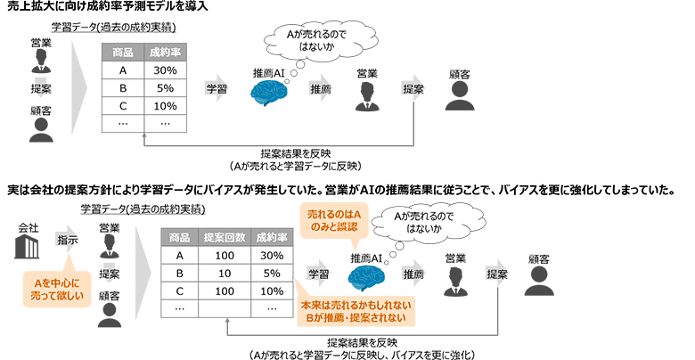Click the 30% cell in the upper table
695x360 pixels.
point(164,70)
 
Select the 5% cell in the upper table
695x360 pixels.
point(164,88)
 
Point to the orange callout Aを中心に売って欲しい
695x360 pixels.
point(56,290)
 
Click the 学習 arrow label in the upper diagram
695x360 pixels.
point(217,89)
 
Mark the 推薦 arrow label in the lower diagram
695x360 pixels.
point(413,274)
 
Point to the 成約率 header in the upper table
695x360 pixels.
point(164,53)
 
